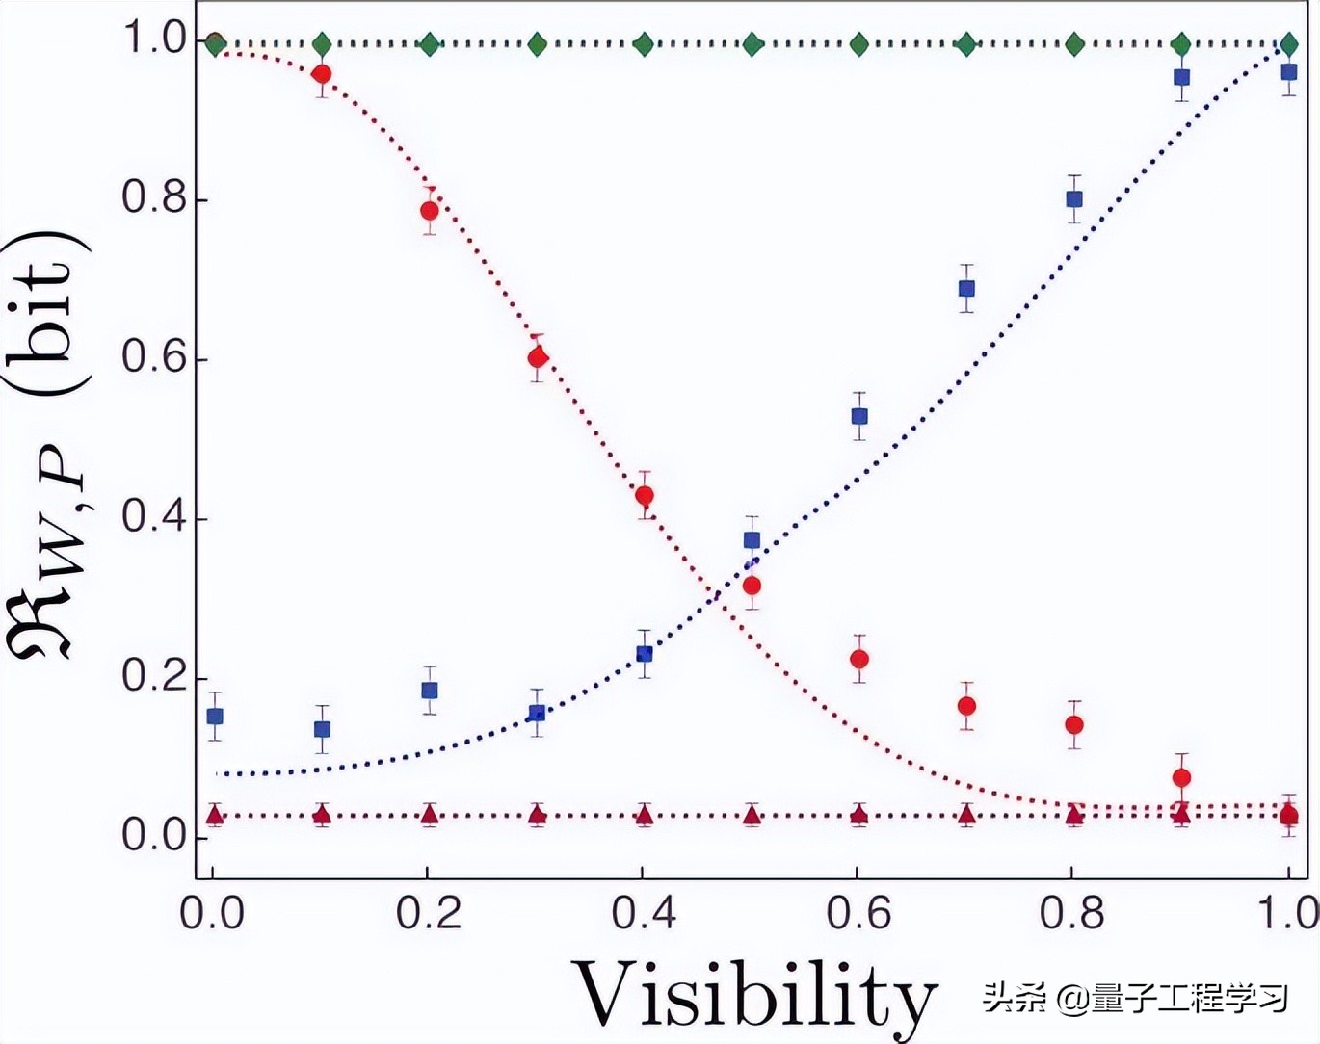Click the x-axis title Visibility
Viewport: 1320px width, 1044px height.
click(755, 994)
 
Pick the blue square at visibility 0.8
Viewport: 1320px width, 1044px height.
click(1074, 199)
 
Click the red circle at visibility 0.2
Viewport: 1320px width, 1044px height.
click(430, 211)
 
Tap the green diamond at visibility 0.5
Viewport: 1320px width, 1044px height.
click(752, 43)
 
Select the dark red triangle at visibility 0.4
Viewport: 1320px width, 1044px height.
click(645, 816)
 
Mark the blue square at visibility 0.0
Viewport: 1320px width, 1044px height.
click(215, 717)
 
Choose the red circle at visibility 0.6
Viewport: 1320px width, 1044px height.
click(859, 659)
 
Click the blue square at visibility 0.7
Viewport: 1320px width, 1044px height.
click(966, 289)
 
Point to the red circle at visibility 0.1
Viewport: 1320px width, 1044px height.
click(322, 74)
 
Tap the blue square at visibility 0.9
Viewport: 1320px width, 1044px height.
click(1181, 77)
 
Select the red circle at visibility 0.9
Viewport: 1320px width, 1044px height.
click(1181, 777)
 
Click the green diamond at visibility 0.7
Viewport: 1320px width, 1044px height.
click(966, 43)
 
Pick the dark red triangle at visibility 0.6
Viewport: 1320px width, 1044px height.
click(859, 816)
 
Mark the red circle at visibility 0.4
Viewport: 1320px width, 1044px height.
click(645, 496)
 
